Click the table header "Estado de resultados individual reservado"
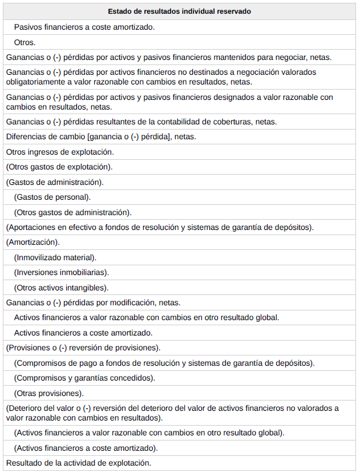pyautogui.click(x=180, y=11)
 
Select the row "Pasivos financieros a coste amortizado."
pyautogui.click(x=84, y=27)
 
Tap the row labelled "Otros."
pyautogui.click(x=25, y=42)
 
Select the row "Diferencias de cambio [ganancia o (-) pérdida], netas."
pyautogui.click(x=100, y=137)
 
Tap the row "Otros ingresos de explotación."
pyautogui.click(x=60, y=152)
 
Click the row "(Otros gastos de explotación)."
pyautogui.click(x=59, y=167)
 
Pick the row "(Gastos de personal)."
pyautogui.click(x=52, y=197)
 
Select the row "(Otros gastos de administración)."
pyautogui.click(x=72, y=212)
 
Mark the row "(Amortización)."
pyautogui.click(x=33, y=242)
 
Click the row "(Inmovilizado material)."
pyautogui.click(x=55, y=257)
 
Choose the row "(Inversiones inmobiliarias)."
pyautogui.click(x=61, y=273)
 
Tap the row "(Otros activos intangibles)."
pyautogui.click(x=61, y=288)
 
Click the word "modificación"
pyautogui.click(x=131, y=303)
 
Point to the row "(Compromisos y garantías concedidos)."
pyautogui.click(x=84, y=378)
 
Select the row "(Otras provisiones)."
pyautogui.click(x=48, y=393)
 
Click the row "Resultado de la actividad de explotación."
pyautogui.click(x=78, y=463)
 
